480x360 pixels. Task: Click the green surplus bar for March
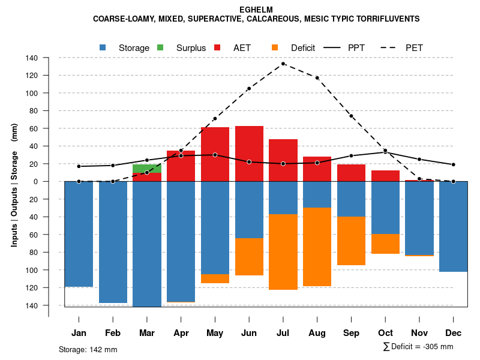(147, 168)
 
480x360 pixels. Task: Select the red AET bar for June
(249, 154)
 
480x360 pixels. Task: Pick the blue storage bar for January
(79, 234)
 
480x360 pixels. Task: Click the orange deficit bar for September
(351, 241)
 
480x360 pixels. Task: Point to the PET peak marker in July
(283, 64)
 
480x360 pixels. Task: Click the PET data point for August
(317, 78)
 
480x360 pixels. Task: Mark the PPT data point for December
(454, 164)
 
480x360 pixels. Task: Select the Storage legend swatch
(103, 47)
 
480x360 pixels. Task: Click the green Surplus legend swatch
(160, 47)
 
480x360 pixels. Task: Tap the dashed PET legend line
(391, 47)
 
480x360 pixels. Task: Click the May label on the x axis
(215, 333)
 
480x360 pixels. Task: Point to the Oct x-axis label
(385, 333)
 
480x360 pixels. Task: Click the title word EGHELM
(256, 10)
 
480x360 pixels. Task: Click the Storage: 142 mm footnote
(88, 349)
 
